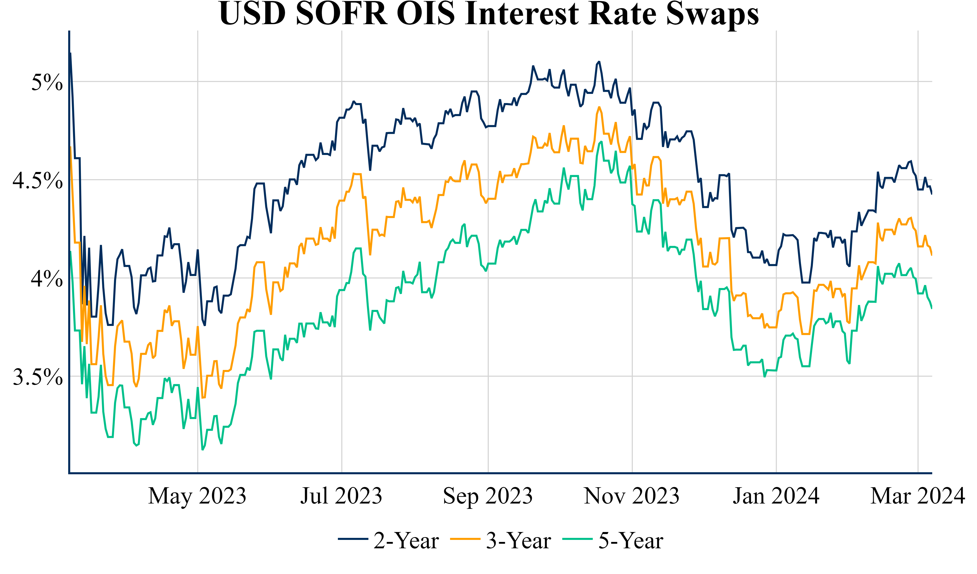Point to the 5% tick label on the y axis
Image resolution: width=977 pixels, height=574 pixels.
(47, 82)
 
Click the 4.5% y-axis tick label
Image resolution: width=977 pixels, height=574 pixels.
(38, 180)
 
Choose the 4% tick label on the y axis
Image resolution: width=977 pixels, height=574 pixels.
(47, 278)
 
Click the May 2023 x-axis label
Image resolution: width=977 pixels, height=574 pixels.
(197, 496)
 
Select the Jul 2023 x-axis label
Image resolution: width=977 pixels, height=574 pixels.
(341, 496)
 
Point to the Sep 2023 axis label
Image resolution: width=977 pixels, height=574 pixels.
(488, 496)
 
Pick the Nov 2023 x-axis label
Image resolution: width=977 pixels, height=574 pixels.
(632, 496)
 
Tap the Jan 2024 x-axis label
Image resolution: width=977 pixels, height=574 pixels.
(776, 496)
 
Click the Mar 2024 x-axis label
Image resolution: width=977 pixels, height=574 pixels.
(918, 496)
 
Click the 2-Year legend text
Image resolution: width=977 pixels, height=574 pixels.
(406, 541)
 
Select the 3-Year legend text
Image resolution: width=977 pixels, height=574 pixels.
(518, 541)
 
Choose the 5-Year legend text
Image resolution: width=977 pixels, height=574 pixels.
(631, 541)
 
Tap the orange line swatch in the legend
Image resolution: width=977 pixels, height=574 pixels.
(465, 539)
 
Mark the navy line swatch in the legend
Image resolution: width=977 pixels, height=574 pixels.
(353, 539)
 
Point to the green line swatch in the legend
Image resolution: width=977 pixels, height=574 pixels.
(578, 539)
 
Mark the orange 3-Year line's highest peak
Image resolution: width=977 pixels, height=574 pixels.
(599, 107)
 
